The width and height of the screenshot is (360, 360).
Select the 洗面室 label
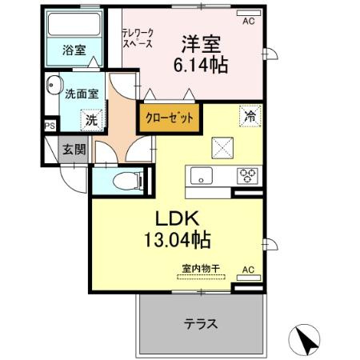pos(82,93)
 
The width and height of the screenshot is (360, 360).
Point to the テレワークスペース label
pos(138,39)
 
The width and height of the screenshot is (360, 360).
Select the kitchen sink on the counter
pos(199,176)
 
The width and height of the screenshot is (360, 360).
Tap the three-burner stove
pos(247,176)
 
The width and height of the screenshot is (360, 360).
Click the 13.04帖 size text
pos(177,238)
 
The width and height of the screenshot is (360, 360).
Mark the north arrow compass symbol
pos(308,341)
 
